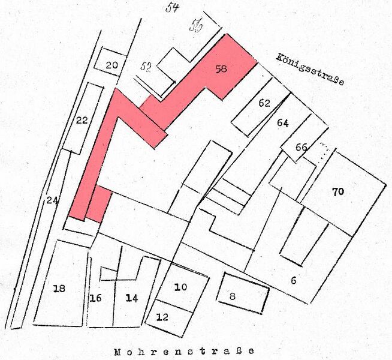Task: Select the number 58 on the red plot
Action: pyautogui.click(x=221, y=69)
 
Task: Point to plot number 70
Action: pyautogui.click(x=337, y=192)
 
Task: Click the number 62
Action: pyautogui.click(x=264, y=103)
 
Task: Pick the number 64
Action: pyautogui.click(x=283, y=123)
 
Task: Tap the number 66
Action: pyautogui.click(x=301, y=147)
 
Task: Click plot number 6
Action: pyautogui.click(x=294, y=280)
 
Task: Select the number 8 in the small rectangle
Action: pyautogui.click(x=233, y=295)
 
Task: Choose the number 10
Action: pyautogui.click(x=180, y=287)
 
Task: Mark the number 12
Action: pyautogui.click(x=162, y=317)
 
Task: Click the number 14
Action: pyautogui.click(x=132, y=297)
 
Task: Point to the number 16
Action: pyautogui.click(x=96, y=298)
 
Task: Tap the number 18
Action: pyautogui.click(x=59, y=289)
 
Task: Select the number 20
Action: pyautogui.click(x=111, y=65)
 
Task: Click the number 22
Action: pyautogui.click(x=83, y=120)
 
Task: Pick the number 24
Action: pyautogui.click(x=52, y=201)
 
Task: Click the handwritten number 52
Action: pyautogui.click(x=146, y=67)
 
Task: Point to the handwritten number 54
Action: pyautogui.click(x=173, y=7)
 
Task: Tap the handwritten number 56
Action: pyautogui.click(x=196, y=26)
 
